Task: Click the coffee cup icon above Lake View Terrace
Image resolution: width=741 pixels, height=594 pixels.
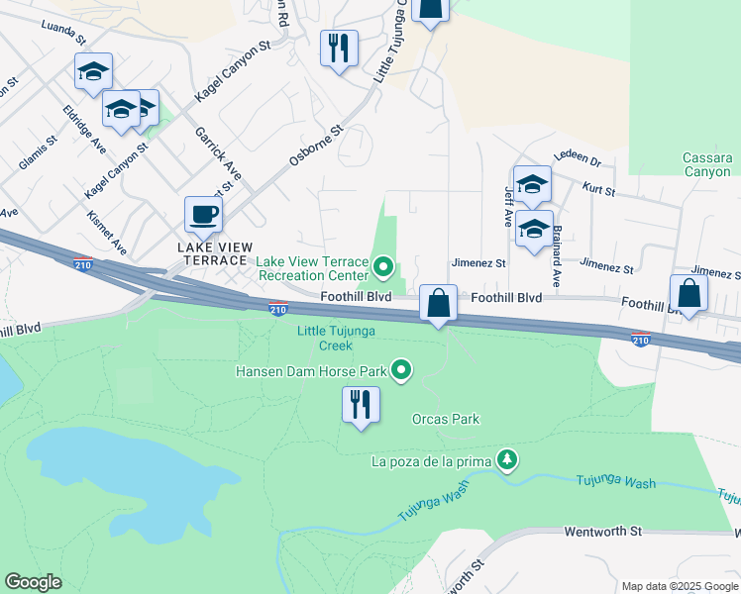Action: pyautogui.click(x=203, y=213)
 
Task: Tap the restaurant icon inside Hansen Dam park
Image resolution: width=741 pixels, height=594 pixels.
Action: pyautogui.click(x=361, y=404)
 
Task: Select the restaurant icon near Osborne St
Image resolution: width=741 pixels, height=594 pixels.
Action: pyautogui.click(x=339, y=47)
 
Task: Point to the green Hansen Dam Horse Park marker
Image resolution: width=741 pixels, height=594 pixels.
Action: pyautogui.click(x=401, y=371)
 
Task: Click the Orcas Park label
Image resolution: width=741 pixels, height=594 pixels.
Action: pyautogui.click(x=446, y=419)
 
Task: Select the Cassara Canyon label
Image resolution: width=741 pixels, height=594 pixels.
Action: pyautogui.click(x=707, y=164)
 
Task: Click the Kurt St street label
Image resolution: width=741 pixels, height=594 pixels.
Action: pyautogui.click(x=599, y=186)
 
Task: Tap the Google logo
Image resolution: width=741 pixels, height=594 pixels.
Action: pyautogui.click(x=33, y=582)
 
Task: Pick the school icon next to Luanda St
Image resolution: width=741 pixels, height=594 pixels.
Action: pyautogui.click(x=93, y=70)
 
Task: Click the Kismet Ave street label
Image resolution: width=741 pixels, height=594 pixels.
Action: pyautogui.click(x=106, y=231)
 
